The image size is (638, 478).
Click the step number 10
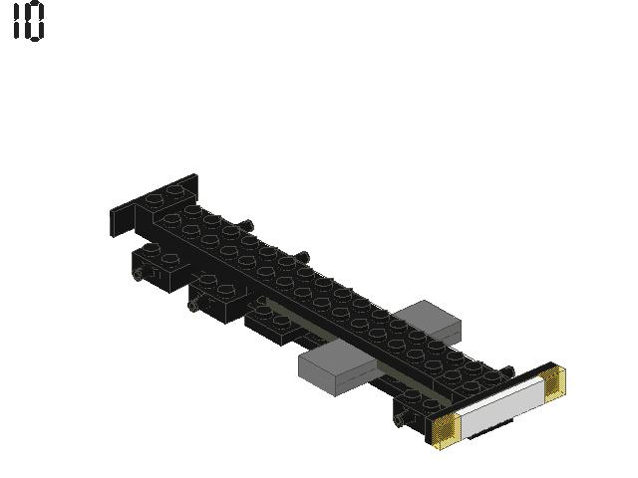(29, 20)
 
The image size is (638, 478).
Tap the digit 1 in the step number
(17, 20)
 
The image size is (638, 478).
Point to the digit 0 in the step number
(35, 20)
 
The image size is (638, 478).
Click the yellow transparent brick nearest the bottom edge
(446, 431)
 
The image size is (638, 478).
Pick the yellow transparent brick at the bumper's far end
(554, 381)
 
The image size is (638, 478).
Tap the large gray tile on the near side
(339, 367)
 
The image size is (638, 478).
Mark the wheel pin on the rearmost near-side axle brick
(140, 274)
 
